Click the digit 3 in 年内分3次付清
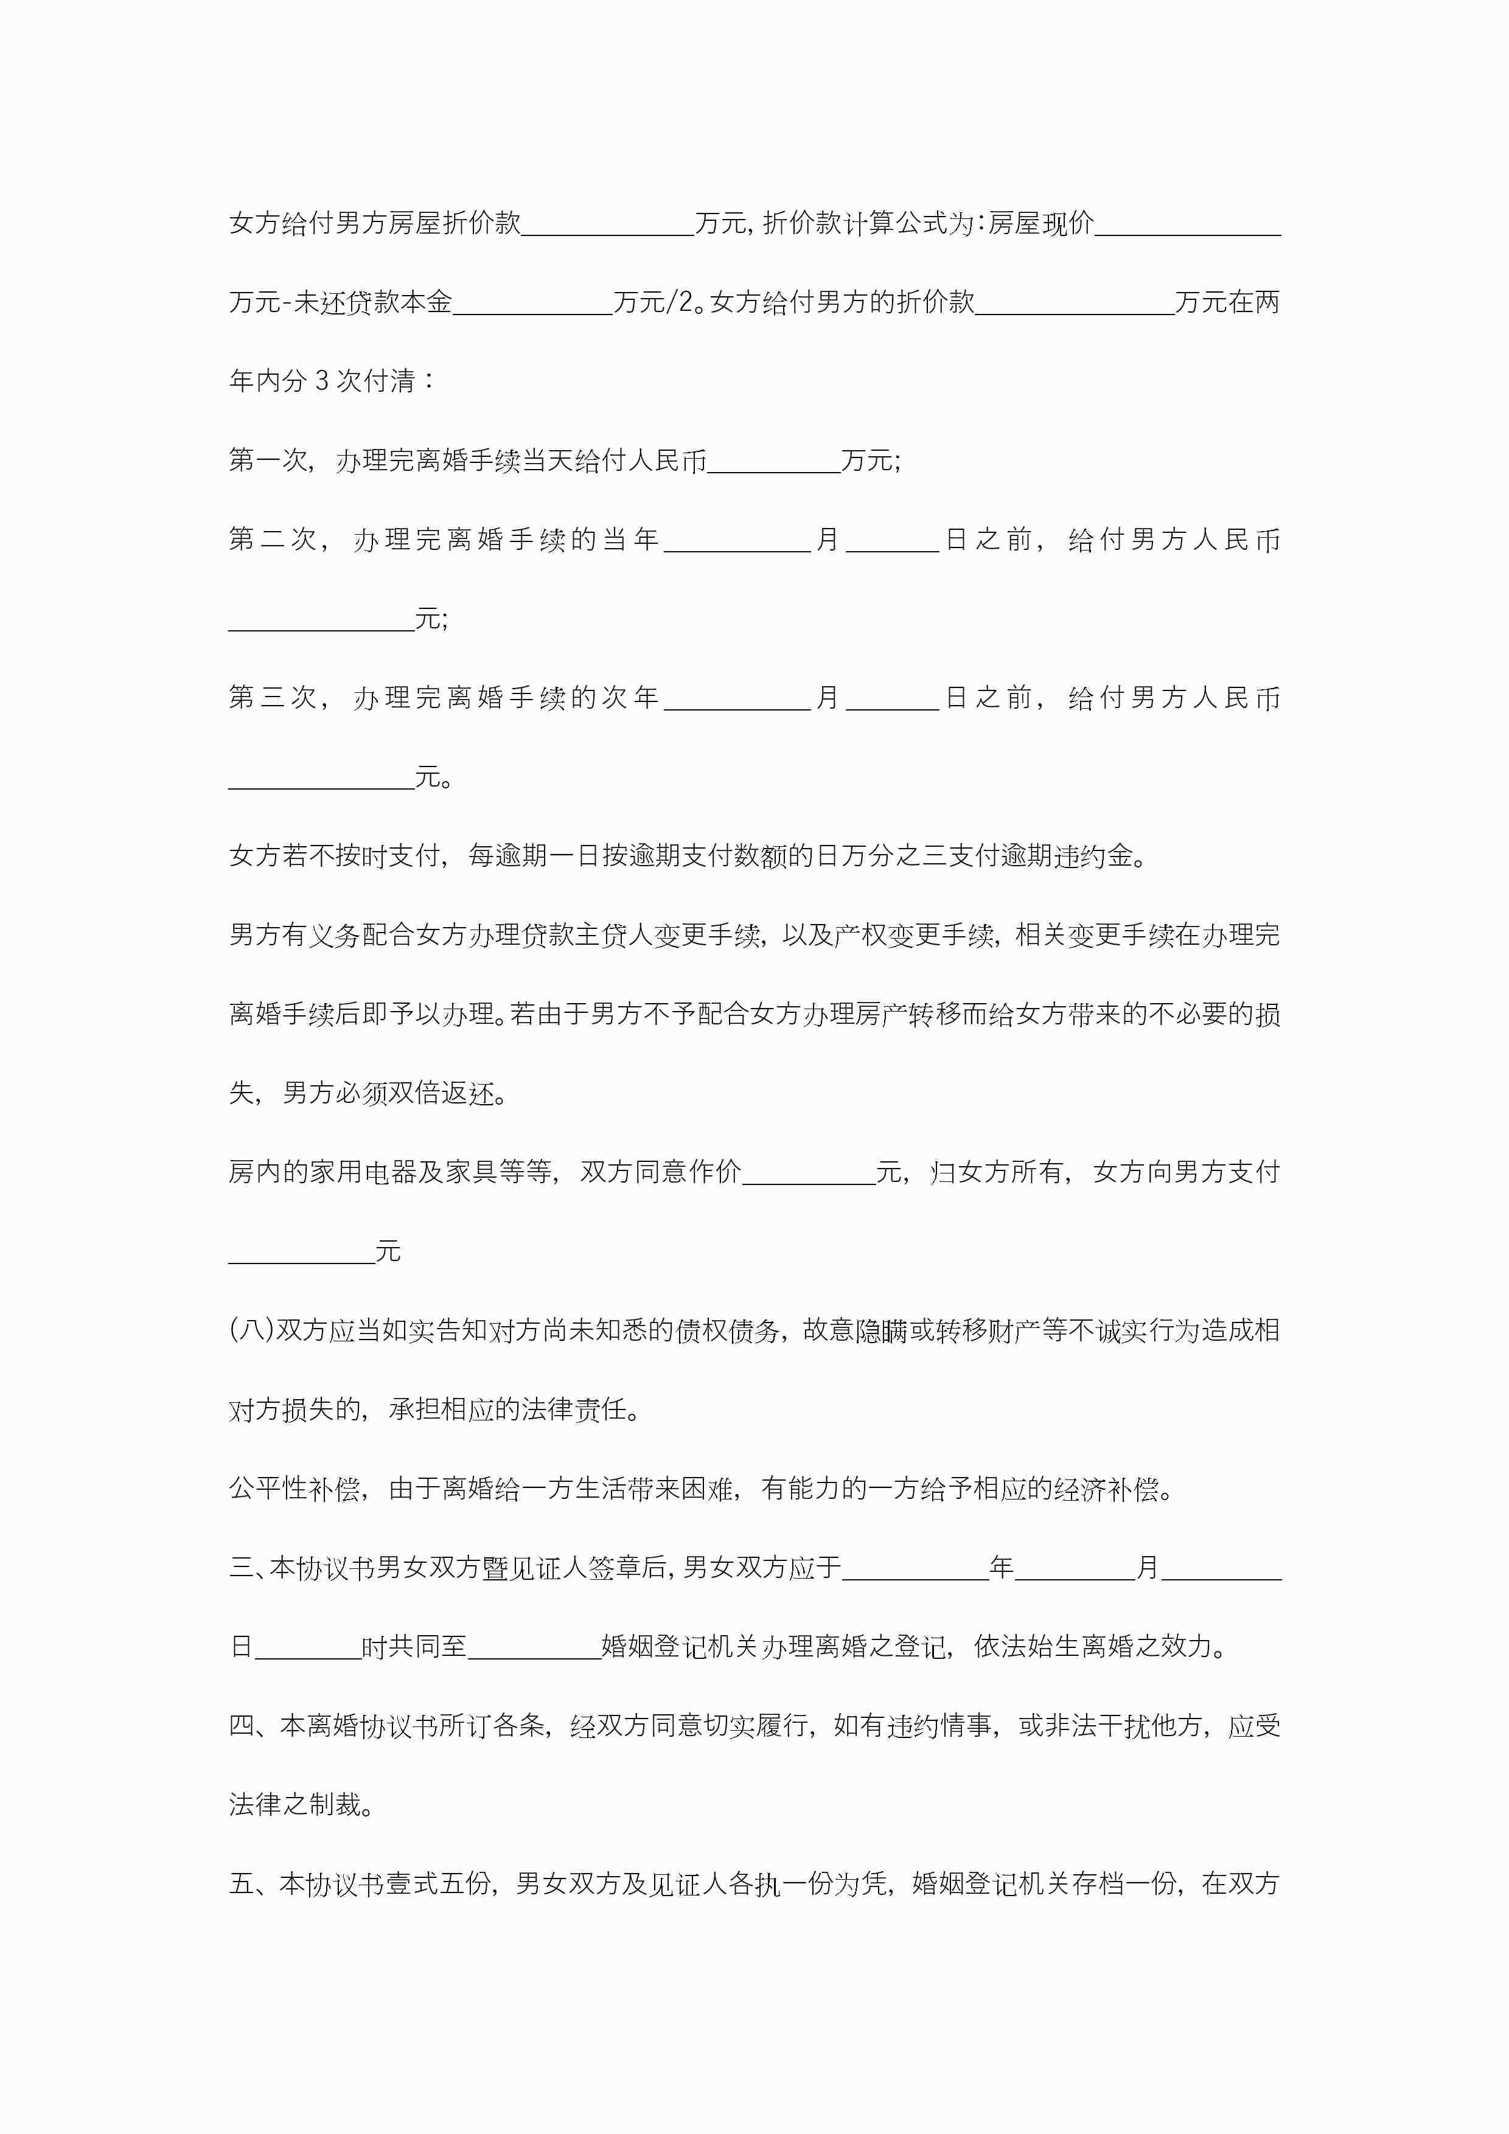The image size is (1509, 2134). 322,381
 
